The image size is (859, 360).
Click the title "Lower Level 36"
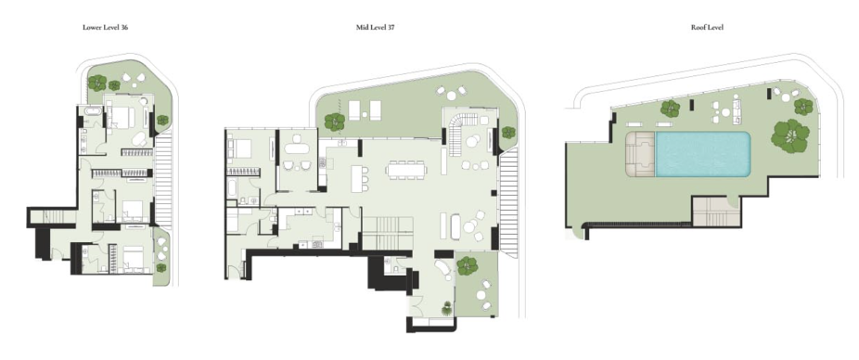click(x=105, y=27)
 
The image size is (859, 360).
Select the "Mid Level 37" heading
click(x=375, y=27)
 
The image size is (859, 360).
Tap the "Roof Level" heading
click(x=707, y=27)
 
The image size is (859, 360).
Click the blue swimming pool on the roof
click(x=703, y=154)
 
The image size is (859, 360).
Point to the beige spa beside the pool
click(x=640, y=154)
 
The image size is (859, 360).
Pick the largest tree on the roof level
click(x=790, y=135)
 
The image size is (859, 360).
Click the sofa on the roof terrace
click(x=737, y=110)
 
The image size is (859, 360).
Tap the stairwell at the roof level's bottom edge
click(x=717, y=212)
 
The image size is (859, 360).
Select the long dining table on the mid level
click(x=406, y=170)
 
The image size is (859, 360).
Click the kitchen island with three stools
click(x=356, y=179)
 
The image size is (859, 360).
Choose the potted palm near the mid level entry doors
click(x=447, y=308)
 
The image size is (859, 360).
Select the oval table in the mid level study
click(x=298, y=148)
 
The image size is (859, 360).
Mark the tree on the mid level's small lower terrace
click(x=468, y=265)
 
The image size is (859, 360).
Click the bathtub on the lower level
click(x=92, y=112)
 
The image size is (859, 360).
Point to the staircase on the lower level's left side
click(x=54, y=217)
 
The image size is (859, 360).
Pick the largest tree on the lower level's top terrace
click(x=97, y=83)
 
